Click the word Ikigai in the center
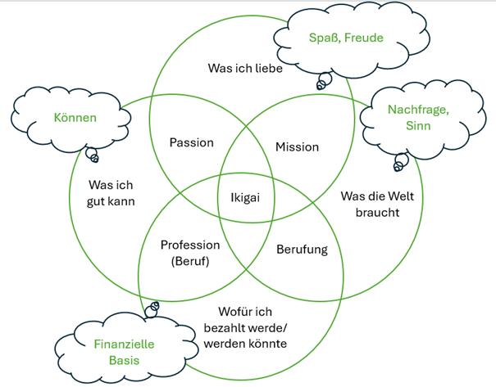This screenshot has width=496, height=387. (243, 198)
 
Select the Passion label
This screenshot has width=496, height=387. (191, 142)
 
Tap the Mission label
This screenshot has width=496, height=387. (297, 147)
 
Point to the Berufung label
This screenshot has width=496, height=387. (302, 249)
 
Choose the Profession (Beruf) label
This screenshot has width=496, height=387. (190, 253)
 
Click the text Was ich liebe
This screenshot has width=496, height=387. (245, 69)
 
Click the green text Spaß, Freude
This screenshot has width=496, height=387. (346, 38)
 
